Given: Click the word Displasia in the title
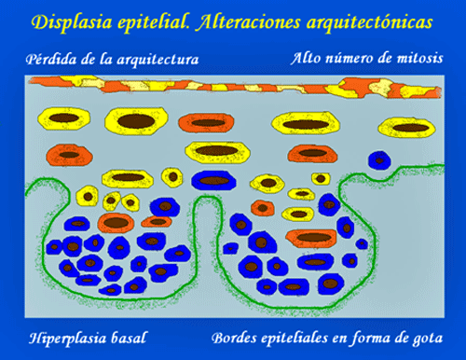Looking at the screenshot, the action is (x=72, y=22).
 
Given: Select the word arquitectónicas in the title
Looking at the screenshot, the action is (x=369, y=22).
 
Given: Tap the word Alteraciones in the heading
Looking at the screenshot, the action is (x=248, y=22).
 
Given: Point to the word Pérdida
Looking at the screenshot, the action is (x=51, y=59).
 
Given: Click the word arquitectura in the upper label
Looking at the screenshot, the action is (x=158, y=60).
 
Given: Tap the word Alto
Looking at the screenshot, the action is (x=305, y=58).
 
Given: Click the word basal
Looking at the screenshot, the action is (x=129, y=338).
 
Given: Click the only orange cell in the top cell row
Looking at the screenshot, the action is (x=206, y=122).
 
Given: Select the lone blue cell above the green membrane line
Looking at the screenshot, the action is (x=379, y=160).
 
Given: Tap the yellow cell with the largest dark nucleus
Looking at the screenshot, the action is (x=136, y=121).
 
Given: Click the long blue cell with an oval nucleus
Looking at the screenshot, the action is (x=213, y=180).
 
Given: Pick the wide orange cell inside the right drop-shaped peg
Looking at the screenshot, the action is (x=311, y=238).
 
